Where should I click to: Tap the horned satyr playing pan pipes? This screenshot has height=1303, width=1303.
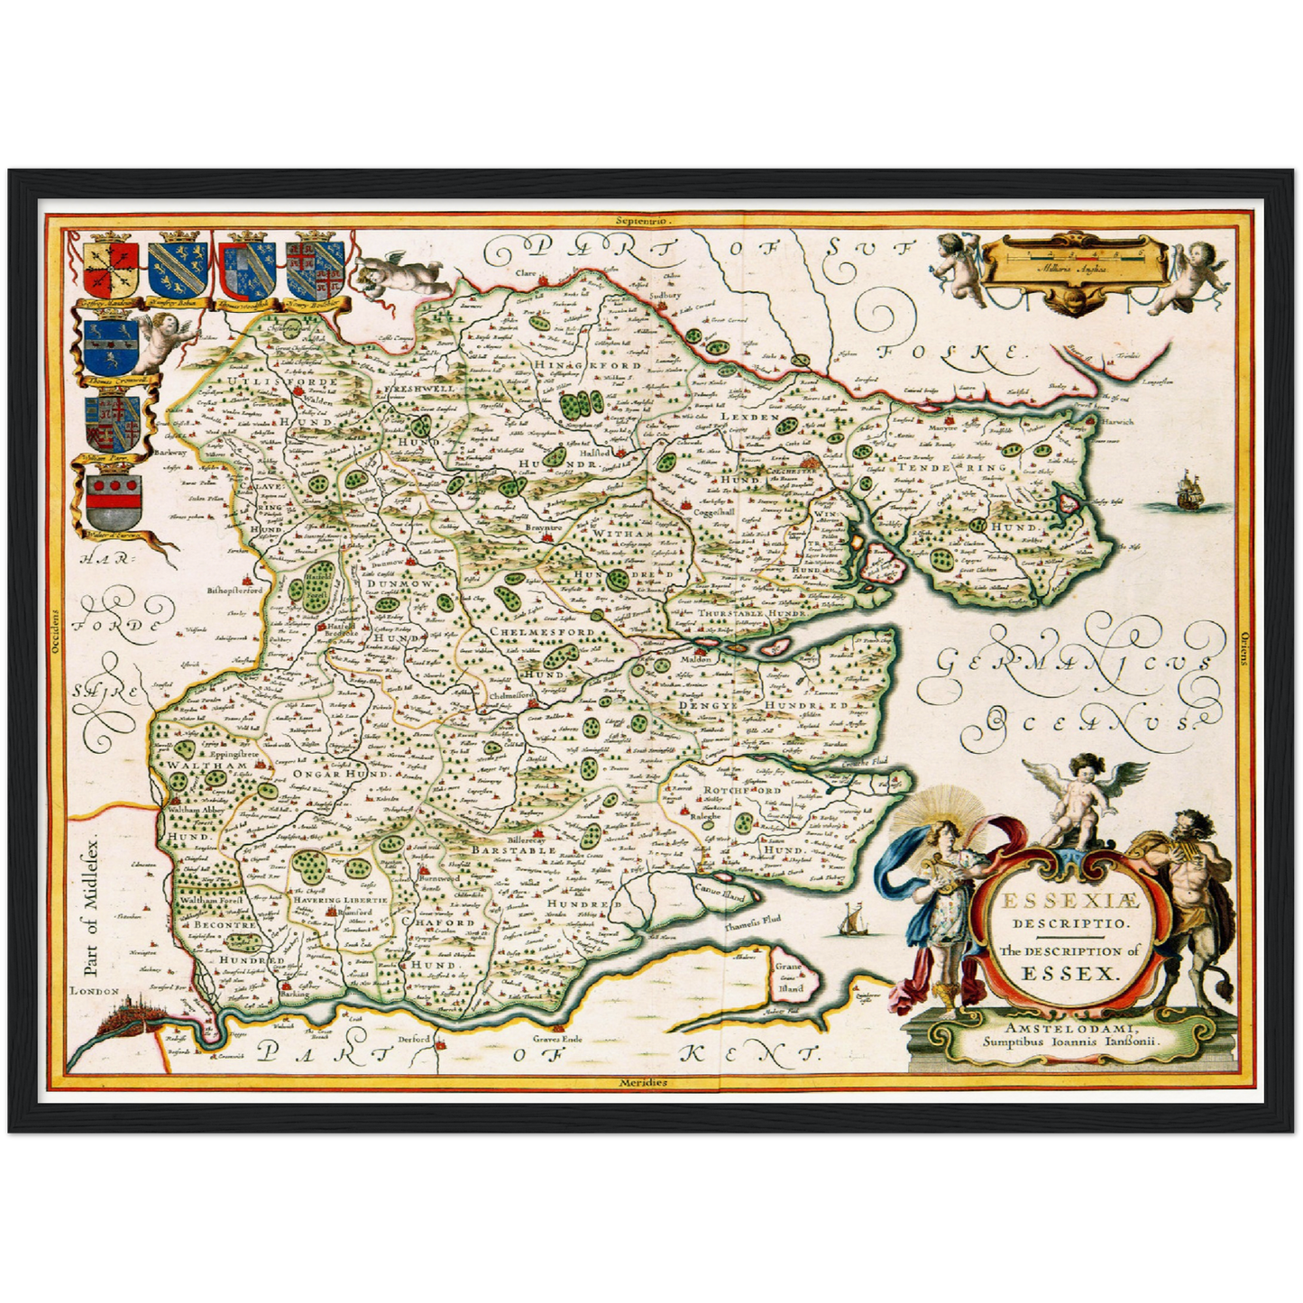click(1188, 902)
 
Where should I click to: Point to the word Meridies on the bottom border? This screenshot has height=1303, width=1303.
click(644, 1082)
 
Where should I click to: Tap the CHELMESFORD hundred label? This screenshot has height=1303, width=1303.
click(541, 633)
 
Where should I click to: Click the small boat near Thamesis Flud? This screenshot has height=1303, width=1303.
click(850, 921)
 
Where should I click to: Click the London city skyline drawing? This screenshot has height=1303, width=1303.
click(126, 1020)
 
